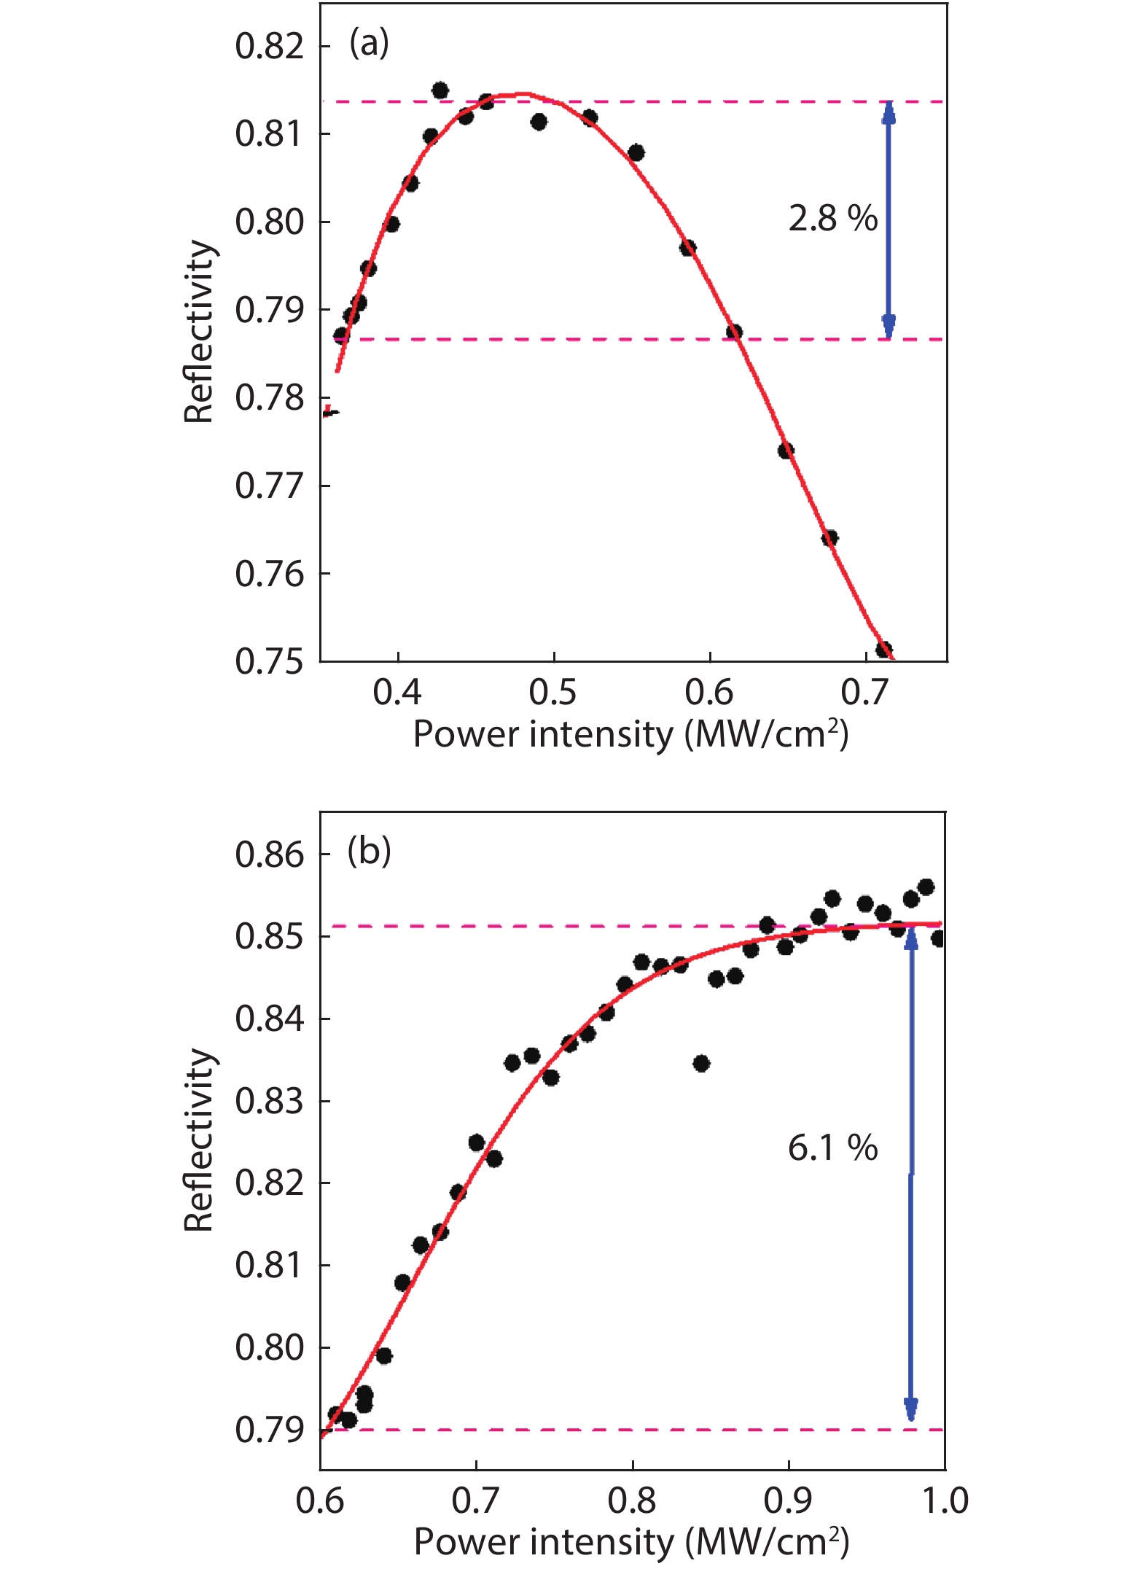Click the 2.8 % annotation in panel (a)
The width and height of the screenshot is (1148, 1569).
point(833,218)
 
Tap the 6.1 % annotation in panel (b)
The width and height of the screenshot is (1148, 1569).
point(833,1148)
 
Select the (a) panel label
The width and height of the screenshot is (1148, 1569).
point(369,43)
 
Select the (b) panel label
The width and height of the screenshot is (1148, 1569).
point(369,850)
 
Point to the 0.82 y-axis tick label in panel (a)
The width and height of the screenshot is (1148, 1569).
point(269,46)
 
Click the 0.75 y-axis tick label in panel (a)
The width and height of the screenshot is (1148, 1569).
point(269,661)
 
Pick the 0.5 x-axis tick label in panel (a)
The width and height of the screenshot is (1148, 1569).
point(553,692)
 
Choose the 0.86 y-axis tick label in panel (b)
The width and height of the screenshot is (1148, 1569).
point(269,854)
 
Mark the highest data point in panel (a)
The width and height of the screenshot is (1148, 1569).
point(440,90)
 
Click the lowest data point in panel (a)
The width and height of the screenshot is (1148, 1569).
point(883,649)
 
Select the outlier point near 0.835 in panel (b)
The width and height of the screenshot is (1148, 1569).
point(701,1064)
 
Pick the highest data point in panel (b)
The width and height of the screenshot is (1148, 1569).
point(926,887)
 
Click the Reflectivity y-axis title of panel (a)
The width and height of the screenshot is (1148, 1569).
point(198,332)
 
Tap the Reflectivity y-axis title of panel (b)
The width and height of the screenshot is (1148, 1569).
point(198,1140)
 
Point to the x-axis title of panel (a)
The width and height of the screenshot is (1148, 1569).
point(630,734)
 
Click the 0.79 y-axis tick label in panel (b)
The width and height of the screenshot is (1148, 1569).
point(269,1430)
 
